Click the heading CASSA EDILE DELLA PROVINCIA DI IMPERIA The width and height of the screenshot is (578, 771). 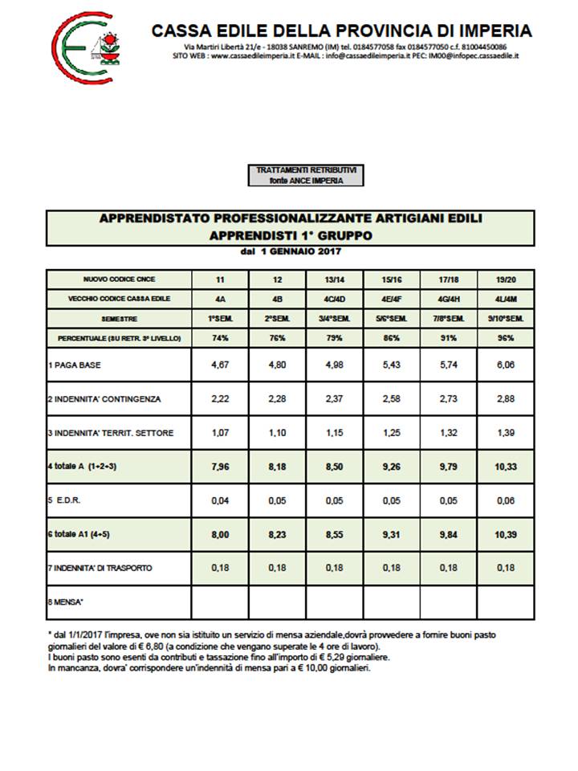pyautogui.click(x=342, y=31)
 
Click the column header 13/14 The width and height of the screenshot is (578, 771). pyautogui.click(x=336, y=279)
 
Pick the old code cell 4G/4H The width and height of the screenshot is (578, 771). pyautogui.click(x=449, y=298)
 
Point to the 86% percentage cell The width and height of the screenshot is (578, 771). pyautogui.click(x=392, y=338)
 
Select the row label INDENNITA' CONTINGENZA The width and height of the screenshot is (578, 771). pyautogui.click(x=104, y=399)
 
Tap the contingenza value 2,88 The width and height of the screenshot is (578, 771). pyautogui.click(x=505, y=399)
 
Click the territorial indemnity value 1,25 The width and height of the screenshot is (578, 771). pyautogui.click(x=392, y=433)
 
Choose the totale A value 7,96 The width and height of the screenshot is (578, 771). pyautogui.click(x=220, y=467)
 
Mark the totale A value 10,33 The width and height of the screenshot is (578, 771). pyautogui.click(x=505, y=467)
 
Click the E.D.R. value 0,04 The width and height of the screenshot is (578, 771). pyautogui.click(x=220, y=500)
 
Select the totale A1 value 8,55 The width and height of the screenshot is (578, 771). pyautogui.click(x=336, y=534)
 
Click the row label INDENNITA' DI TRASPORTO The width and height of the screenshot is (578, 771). pyautogui.click(x=100, y=568)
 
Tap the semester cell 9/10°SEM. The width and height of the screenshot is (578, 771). pyautogui.click(x=505, y=318)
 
